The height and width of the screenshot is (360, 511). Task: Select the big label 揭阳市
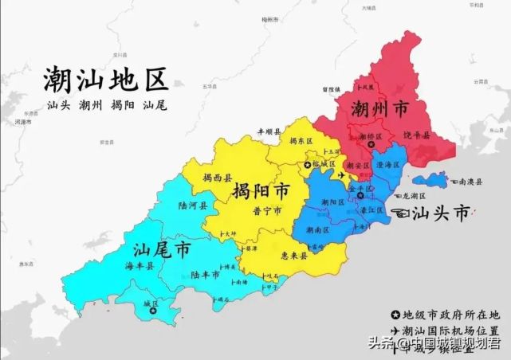click(261, 192)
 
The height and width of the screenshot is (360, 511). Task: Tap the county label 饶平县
click(417, 136)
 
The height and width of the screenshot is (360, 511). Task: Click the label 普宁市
click(266, 212)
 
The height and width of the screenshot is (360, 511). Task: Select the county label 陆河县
click(194, 205)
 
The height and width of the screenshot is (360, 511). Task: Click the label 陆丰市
click(206, 274)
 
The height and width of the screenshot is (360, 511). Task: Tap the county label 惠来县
click(296, 256)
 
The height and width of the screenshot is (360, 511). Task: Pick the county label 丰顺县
click(269, 132)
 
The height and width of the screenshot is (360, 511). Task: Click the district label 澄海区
click(388, 164)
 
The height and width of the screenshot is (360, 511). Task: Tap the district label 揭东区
click(302, 141)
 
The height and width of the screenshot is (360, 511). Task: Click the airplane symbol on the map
click(344, 174)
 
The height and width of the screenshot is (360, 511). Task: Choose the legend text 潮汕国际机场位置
click(450, 330)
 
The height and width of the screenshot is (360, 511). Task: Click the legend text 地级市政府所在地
click(450, 314)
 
